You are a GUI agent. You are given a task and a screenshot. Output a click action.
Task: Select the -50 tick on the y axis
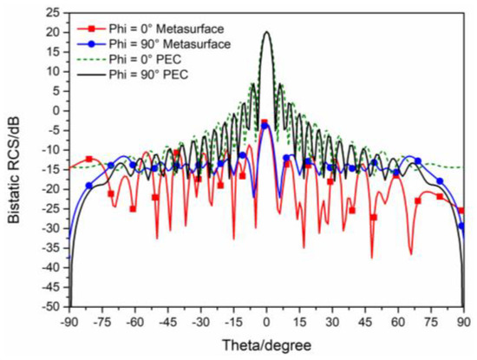coord(51,306)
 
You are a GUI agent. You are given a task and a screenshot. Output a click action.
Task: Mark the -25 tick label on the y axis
coord(51,208)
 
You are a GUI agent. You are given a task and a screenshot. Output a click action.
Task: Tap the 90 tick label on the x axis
coord(465,320)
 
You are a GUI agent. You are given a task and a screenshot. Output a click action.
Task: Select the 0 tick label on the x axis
coord(266,320)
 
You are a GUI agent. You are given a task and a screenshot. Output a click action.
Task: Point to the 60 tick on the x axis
coord(399,320)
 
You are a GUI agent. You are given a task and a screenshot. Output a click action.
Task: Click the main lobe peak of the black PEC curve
coord(266,32)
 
